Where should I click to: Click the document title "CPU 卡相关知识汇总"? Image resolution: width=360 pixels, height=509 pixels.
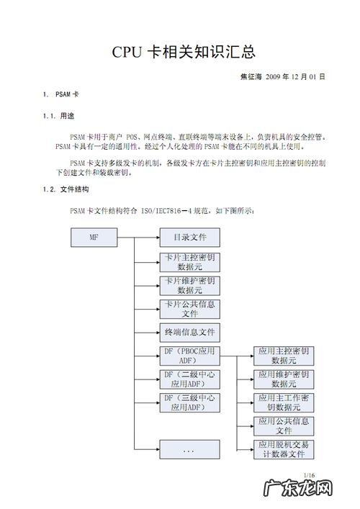184,52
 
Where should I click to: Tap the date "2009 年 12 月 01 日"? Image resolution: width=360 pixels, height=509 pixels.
295,76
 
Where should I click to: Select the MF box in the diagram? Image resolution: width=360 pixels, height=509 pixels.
94,237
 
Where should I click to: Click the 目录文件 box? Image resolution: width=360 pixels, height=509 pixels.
189,237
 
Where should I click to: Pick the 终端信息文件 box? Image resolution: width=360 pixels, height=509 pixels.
189,333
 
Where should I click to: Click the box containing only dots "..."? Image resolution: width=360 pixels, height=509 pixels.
189,450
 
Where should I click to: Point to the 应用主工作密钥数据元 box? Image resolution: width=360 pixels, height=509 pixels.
284,402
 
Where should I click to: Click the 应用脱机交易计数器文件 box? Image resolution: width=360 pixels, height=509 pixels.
284,450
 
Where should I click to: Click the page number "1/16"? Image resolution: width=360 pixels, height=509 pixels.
310,475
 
